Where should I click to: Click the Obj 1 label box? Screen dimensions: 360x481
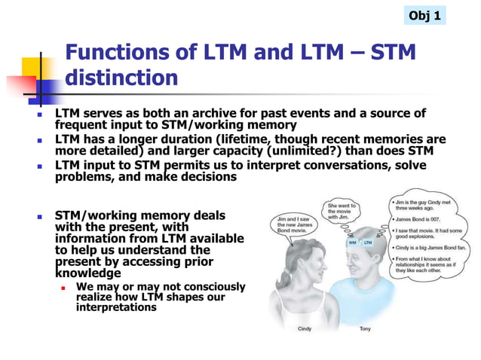[x=424, y=15]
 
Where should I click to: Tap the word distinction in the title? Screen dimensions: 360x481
[x=122, y=78]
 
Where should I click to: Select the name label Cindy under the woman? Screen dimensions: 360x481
[x=305, y=329]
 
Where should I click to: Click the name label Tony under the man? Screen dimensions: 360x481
[x=364, y=329]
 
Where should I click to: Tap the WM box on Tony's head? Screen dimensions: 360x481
[x=352, y=243]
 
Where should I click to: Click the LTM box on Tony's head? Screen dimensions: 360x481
[x=368, y=243]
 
